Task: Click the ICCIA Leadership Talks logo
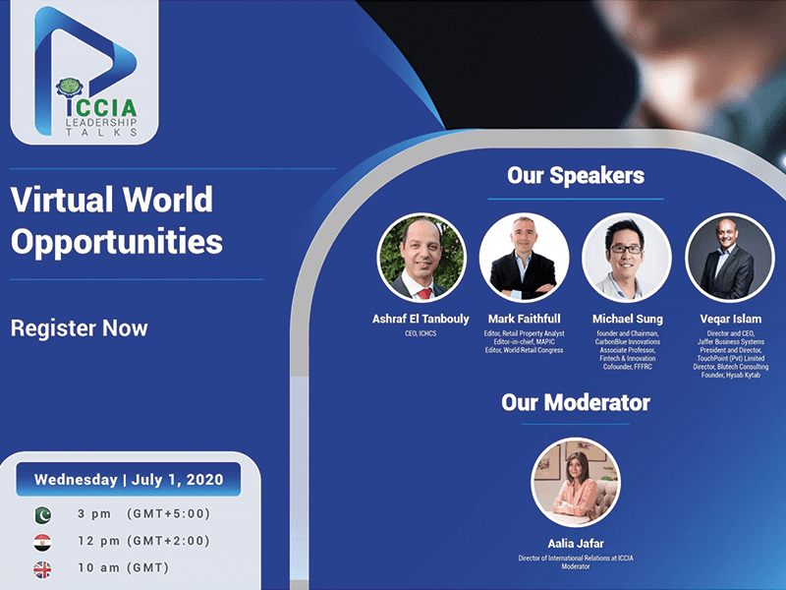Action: pos(85,73)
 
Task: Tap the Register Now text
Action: pos(80,328)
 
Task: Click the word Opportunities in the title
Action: pos(117,242)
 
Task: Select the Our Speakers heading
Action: pos(576,176)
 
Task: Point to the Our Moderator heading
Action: pos(576,402)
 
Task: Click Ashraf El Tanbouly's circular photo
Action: pos(421,258)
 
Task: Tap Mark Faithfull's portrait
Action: pos(524,258)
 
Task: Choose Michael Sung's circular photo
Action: pos(627,258)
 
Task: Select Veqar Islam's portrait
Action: pos(730,258)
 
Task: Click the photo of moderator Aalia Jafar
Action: pos(576,482)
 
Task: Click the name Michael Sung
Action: pos(628,319)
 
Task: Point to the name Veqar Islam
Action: pos(730,319)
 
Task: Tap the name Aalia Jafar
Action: pos(576,544)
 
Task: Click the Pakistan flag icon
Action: pos(42,514)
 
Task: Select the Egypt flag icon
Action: pos(42,543)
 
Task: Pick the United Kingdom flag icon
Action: pos(42,569)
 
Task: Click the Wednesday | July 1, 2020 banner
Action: pos(129,479)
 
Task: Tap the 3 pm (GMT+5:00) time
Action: pos(143,513)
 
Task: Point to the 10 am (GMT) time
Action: pos(124,568)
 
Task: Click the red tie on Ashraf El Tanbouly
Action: pos(424,293)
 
